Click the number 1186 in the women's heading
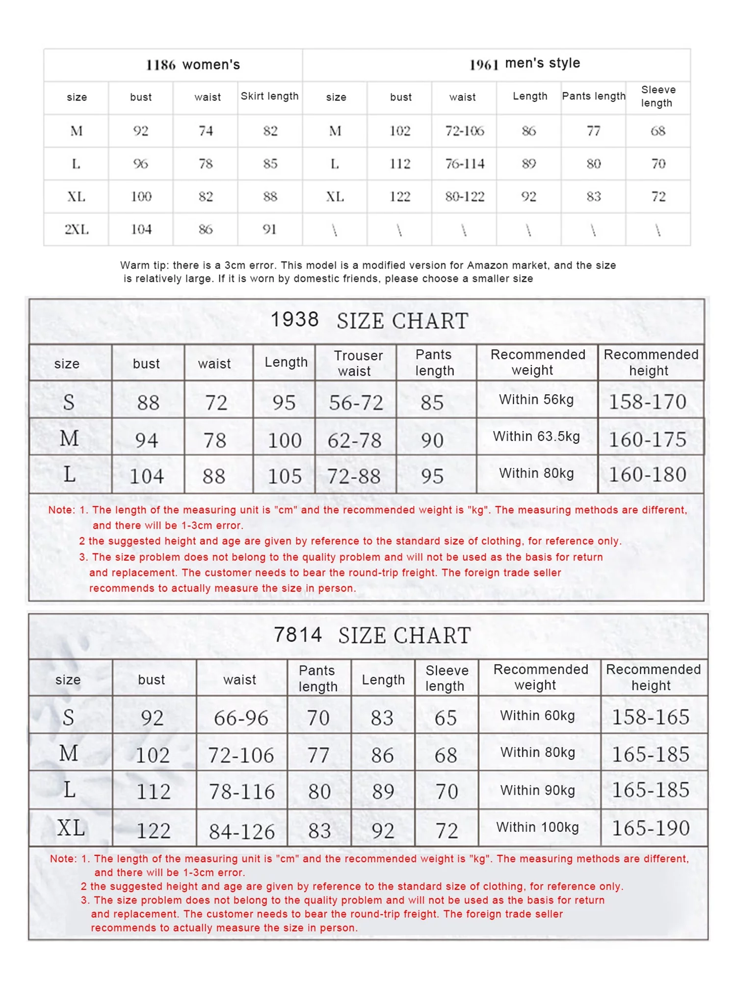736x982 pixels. (x=160, y=65)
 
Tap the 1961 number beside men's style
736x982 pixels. (x=484, y=64)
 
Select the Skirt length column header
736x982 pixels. (x=269, y=96)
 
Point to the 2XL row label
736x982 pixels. (x=77, y=229)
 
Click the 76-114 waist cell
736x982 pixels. (x=464, y=164)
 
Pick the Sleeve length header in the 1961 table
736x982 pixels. (x=658, y=96)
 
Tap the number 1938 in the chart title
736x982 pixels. (x=294, y=320)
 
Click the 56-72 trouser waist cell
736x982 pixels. (x=356, y=403)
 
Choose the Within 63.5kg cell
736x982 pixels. (x=536, y=436)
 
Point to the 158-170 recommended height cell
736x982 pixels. (x=648, y=402)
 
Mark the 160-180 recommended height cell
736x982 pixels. (x=648, y=474)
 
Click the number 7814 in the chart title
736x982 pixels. (x=297, y=634)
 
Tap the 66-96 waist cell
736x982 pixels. (x=241, y=718)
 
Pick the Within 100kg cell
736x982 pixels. (x=537, y=827)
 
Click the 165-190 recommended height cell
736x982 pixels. (x=651, y=828)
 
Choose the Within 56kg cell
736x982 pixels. (x=536, y=400)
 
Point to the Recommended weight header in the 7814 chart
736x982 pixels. (x=540, y=677)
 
